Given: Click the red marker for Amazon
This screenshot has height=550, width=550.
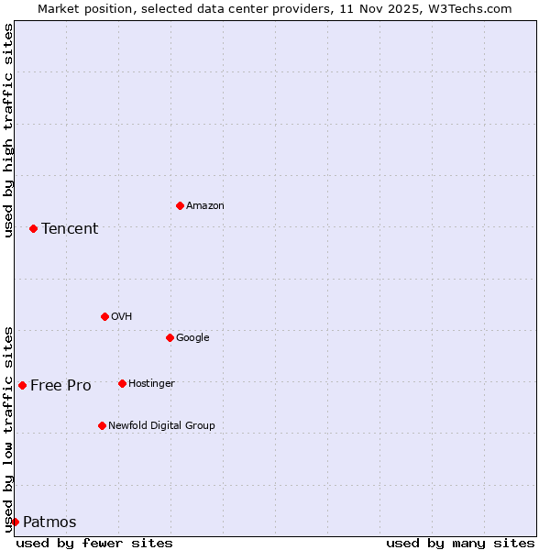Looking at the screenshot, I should pos(180,205).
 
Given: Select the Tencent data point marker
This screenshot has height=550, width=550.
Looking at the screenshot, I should pos(33,228).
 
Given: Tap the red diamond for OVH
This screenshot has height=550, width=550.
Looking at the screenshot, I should pos(104,316).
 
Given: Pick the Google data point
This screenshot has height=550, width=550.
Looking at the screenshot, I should pos(170,337).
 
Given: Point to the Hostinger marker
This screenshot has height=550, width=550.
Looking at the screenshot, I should pos(122,383).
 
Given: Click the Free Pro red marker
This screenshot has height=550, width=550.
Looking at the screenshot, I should pos(22,385).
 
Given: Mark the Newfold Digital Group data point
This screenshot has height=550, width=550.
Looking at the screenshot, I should pos(102,425).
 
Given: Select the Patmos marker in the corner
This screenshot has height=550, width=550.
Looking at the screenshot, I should pos(15,522).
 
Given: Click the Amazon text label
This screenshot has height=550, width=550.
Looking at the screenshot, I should pos(205,206).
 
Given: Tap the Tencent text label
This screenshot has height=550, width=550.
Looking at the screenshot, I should pos(70,229).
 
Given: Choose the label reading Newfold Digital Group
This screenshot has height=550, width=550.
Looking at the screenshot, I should pos(161,425).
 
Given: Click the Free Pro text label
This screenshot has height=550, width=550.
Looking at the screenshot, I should pos(60,386).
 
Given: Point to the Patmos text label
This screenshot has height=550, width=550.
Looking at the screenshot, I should pos(49,522).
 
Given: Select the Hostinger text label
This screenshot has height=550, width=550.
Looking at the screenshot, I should pos(151,383).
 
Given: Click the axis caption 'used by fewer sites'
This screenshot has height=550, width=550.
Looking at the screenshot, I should pos(94,543).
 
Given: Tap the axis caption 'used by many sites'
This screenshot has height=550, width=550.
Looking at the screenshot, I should pos(460,543).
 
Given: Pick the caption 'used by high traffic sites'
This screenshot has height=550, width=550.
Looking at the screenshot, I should pos(9,130).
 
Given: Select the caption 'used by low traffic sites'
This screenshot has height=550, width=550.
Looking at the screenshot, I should pos(9,428).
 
